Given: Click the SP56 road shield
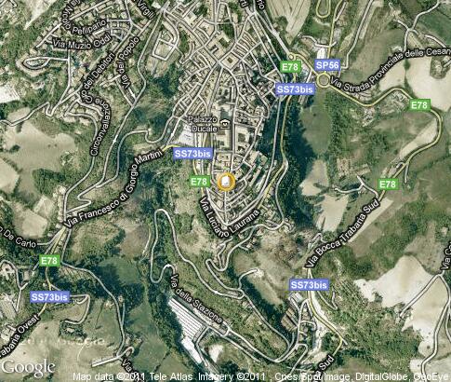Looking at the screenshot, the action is pos(326,65).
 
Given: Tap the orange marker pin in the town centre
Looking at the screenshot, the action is pos(226,181).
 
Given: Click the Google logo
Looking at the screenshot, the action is pos(28,367).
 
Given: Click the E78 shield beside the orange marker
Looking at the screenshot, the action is pos(199,182).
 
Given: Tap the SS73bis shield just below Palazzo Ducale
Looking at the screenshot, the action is pos(192,153).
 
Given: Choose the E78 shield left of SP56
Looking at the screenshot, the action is pos(291,67).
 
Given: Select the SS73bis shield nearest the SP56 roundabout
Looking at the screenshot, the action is pos(295,89).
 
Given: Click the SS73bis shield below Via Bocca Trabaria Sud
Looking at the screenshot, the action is pos(308,284).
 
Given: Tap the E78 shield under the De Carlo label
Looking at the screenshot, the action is pos(49,261).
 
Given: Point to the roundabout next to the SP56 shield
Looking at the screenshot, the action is pos(326,80).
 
